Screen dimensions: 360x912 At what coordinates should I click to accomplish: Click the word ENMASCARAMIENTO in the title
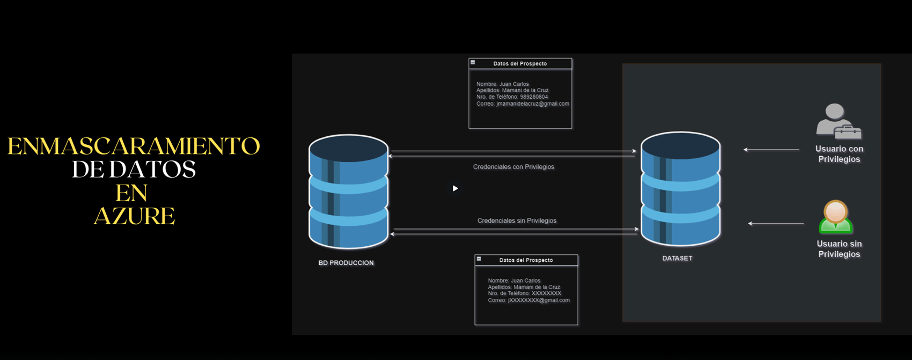[x=134, y=146]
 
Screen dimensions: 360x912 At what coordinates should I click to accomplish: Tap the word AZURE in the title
[x=134, y=216]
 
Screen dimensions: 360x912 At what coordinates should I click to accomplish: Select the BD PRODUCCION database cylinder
[x=349, y=192]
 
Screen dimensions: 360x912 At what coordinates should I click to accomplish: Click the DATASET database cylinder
[x=680, y=189]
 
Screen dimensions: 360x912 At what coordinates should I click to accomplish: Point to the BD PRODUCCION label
[x=346, y=263]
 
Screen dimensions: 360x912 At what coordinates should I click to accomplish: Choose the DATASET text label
[x=677, y=258]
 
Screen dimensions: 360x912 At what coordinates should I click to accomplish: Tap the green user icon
[x=835, y=217]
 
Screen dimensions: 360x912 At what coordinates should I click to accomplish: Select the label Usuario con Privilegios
[x=839, y=154]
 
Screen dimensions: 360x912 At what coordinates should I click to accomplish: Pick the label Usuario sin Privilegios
[x=839, y=249]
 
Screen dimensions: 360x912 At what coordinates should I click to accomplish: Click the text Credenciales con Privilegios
[x=513, y=167]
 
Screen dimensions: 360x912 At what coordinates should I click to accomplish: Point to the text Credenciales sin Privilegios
[x=517, y=221]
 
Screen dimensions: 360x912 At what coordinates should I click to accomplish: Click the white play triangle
[x=455, y=188]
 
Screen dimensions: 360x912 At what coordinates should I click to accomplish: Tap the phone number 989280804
[x=534, y=97]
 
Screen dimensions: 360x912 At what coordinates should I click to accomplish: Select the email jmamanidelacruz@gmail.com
[x=533, y=104]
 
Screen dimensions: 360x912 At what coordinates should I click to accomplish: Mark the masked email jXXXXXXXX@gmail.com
[x=539, y=300]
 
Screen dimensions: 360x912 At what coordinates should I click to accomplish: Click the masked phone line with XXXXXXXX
[x=524, y=293]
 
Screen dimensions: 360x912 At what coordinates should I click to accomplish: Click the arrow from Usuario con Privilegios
[x=771, y=150]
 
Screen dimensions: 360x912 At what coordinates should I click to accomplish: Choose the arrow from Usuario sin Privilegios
[x=776, y=223]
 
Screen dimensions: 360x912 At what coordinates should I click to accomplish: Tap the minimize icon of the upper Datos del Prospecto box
[x=473, y=62]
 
